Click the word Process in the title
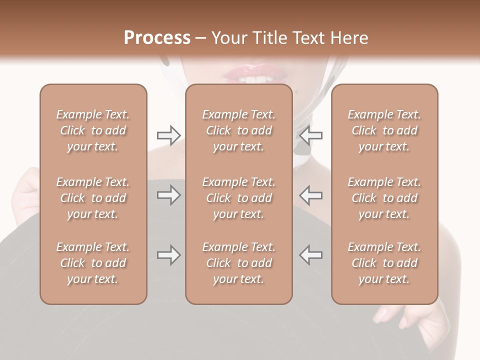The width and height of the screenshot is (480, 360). [157, 38]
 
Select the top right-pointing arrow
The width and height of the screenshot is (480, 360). [168, 135]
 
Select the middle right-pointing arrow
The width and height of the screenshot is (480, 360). [168, 195]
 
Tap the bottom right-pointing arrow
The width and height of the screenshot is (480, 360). [168, 255]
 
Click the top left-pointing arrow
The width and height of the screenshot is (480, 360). [311, 135]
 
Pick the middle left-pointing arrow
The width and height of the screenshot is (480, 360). [311, 195]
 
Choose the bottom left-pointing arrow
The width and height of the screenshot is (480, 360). [311, 255]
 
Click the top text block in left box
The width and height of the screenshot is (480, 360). [93, 130]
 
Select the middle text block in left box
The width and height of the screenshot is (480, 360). [93, 198]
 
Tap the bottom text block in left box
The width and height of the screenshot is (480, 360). [93, 263]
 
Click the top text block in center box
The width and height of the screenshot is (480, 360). [238, 130]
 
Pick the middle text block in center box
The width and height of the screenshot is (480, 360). [238, 198]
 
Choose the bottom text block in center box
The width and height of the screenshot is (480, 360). [238, 263]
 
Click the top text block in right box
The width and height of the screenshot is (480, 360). [384, 130]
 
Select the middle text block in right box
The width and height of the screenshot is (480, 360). [384, 198]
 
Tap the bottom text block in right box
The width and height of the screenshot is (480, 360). [384, 263]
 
